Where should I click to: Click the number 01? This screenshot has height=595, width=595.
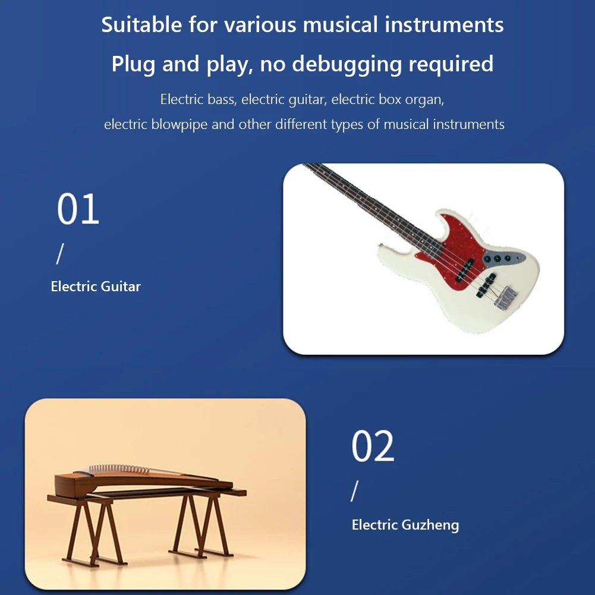coord(78,209)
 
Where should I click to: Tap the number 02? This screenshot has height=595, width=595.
coord(373,446)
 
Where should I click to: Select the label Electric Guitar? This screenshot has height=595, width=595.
coord(96,287)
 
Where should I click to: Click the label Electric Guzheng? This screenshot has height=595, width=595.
coord(405,525)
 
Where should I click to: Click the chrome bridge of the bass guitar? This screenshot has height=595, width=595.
coord(504,297)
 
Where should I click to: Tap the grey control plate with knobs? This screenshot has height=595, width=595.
coord(502,259)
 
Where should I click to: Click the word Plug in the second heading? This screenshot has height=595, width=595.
coord(134,64)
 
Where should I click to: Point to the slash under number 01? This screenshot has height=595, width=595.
coord(59,254)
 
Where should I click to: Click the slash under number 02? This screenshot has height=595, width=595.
coord(355,492)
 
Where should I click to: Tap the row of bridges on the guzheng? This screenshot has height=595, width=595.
coord(122,470)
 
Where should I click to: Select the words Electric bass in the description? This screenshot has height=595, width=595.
coord(197,99)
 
